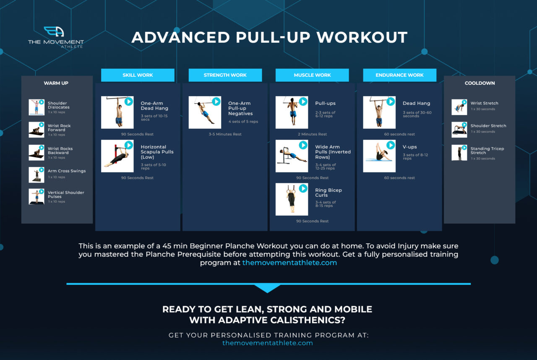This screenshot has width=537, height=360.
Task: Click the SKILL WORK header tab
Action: (138, 75)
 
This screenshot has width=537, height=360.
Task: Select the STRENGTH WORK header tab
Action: (225, 75)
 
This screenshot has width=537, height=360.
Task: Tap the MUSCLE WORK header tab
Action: (312, 75)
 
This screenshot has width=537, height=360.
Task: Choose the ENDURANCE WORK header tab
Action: (399, 75)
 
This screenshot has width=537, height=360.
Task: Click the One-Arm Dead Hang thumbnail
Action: (117, 112)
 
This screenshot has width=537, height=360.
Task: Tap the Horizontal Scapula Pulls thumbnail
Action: (117, 156)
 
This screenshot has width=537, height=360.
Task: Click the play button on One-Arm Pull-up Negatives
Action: (216, 102)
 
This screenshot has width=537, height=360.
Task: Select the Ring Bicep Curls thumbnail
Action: (292, 199)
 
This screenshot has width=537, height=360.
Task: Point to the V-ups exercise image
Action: (379, 156)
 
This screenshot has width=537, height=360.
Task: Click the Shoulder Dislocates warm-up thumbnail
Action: (36, 107)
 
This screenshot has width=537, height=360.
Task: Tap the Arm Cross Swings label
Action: (66, 171)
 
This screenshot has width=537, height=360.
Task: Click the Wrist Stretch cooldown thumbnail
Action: (459, 107)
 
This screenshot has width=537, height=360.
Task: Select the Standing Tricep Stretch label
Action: (487, 151)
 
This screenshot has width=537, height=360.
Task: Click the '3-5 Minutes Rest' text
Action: (225, 134)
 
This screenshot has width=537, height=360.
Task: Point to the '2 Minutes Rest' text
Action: (312, 134)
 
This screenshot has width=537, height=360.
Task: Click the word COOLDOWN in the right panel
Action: (480, 83)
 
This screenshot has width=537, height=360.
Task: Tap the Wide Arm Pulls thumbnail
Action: (292, 156)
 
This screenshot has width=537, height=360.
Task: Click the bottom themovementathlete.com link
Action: (268, 343)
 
